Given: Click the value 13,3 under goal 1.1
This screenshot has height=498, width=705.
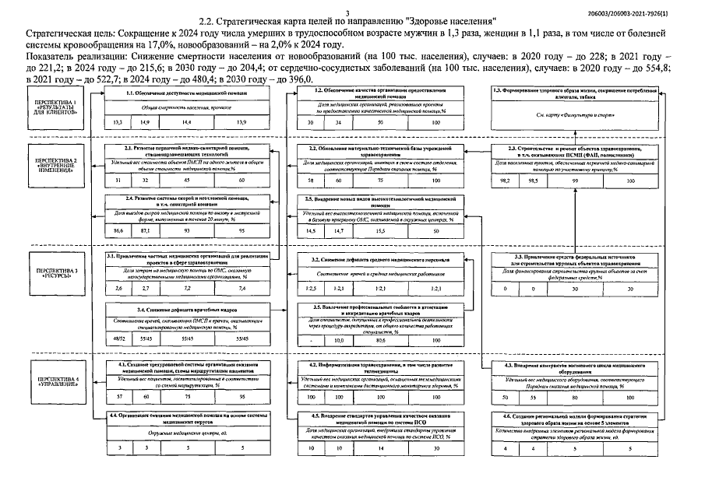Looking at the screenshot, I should tap(118, 123).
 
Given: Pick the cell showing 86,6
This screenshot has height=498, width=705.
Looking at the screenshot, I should tap(118, 232).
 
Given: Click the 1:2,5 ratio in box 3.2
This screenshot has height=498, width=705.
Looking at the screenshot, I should tap(311, 288).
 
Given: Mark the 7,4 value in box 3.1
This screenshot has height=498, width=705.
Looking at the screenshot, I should tap(243, 288).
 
